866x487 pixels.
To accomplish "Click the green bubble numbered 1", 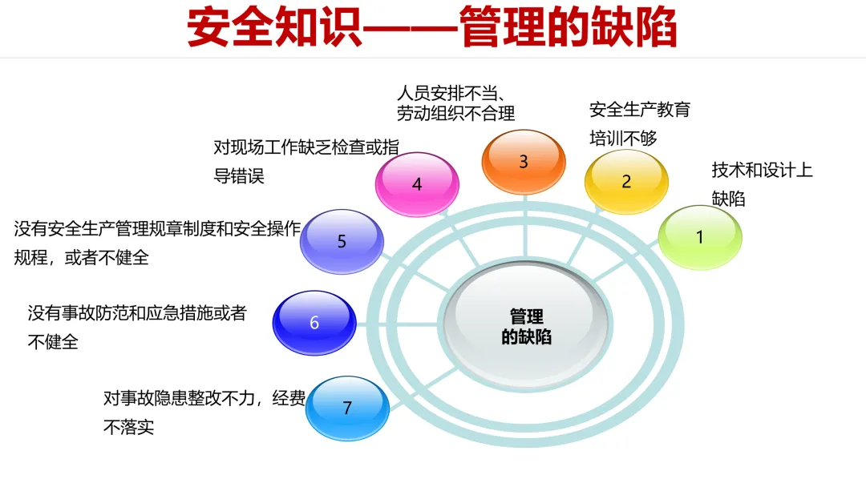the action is pos(699,237).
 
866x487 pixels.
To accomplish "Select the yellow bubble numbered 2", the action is pos(626,181).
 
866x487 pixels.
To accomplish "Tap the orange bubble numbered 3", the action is pos(523,161).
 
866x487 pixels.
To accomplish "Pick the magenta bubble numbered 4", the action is pos(417,184).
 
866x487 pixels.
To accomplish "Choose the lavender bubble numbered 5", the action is pos(342,241).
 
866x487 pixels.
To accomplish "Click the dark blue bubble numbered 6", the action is pos(314,323).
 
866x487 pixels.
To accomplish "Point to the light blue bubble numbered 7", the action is pos(347,408).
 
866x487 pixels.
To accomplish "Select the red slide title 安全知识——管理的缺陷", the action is pos(432,29).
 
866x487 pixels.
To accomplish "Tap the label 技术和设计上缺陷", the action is pos(761,183).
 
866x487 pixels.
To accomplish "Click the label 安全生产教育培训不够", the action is pos(639,123).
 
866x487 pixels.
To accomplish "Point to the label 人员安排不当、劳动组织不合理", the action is pos(455,102).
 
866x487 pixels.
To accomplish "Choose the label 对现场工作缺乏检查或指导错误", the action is pos(306,160).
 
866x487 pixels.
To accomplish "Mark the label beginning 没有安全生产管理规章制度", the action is pos(156,243).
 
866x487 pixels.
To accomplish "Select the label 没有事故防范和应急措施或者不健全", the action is pos(136,326).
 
